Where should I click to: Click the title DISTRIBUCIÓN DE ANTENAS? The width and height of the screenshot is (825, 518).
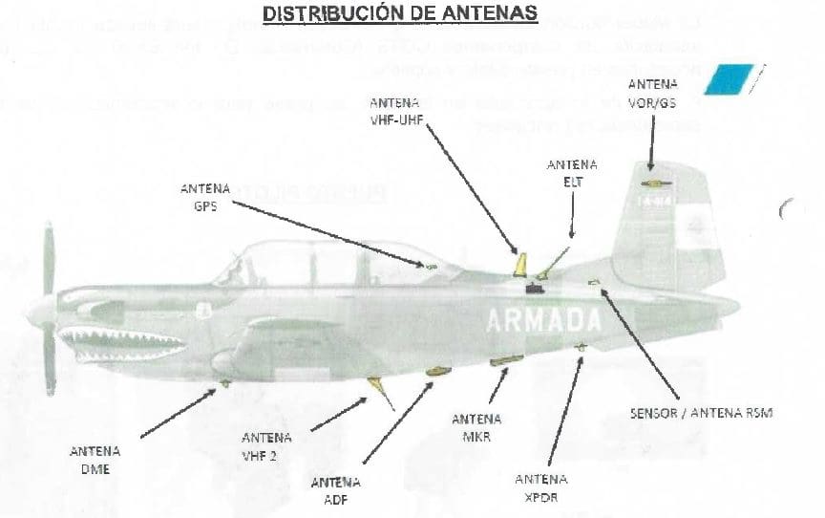click(x=399, y=14)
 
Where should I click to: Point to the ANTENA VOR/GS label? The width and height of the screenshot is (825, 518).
click(x=653, y=94)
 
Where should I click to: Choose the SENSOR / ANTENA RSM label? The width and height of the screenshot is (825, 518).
click(x=701, y=413)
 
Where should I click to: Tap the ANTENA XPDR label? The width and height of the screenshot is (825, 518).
click(x=541, y=487)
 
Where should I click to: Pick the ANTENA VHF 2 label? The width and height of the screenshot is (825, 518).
click(x=266, y=446)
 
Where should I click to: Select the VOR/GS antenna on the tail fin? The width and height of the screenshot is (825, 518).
click(x=656, y=182)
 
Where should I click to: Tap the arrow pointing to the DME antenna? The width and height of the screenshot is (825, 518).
click(x=181, y=411)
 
